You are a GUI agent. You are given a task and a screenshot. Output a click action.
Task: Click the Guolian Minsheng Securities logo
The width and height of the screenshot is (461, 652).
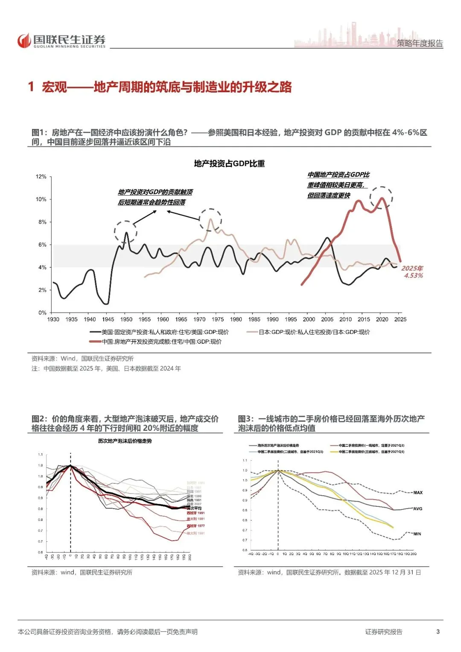point(61,41)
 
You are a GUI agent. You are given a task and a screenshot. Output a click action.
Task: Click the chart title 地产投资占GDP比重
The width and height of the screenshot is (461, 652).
point(229,164)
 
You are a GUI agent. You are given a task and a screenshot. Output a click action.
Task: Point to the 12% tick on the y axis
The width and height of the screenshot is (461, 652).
point(41,177)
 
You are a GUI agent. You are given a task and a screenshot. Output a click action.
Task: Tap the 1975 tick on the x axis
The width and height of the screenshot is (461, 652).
point(218,319)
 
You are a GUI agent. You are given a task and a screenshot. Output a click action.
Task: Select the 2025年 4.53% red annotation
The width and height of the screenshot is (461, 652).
point(412,272)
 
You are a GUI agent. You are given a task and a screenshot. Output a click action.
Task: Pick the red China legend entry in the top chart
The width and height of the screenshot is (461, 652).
point(156,342)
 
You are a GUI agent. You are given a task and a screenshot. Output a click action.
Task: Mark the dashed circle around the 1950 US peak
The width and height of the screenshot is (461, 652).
point(125,232)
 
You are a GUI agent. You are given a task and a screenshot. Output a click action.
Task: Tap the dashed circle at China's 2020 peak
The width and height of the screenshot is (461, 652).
point(381,198)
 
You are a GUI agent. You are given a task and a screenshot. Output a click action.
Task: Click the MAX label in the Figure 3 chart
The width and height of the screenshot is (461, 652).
point(418,493)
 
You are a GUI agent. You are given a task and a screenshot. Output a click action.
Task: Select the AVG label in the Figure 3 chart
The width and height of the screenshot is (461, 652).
point(417,509)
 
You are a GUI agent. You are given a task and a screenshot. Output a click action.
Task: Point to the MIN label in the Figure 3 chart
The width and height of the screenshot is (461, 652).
point(417,534)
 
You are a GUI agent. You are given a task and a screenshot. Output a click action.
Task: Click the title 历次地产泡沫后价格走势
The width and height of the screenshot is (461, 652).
point(125,441)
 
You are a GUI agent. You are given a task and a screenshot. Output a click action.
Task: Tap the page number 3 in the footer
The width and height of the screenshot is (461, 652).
point(438,632)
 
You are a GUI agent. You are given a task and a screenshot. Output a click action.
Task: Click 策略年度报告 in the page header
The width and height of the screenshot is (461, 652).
point(420,43)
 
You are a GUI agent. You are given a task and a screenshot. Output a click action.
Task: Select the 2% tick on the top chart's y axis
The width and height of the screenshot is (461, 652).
point(42,290)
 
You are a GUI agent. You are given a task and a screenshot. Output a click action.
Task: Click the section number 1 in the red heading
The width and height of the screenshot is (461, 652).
point(31,87)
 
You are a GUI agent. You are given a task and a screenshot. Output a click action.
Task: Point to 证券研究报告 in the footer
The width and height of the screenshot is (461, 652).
point(383,632)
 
